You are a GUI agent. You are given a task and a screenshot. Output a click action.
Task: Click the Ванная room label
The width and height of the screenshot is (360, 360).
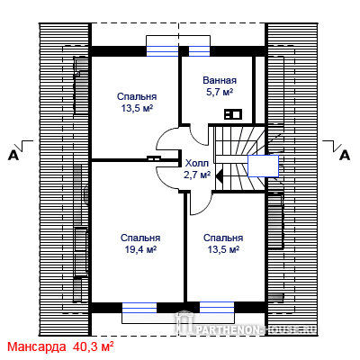[220, 80]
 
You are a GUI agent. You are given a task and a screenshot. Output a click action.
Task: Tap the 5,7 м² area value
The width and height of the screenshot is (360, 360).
[220, 92]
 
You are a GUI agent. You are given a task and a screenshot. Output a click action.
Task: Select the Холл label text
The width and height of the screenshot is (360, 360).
[197, 164]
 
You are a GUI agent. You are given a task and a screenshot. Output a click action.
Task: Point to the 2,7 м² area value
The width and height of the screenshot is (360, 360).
[197, 175]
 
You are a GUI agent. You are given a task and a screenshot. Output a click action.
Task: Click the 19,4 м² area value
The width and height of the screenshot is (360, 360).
[140, 249]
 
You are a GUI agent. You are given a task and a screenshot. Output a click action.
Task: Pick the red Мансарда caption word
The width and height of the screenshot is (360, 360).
[37, 346]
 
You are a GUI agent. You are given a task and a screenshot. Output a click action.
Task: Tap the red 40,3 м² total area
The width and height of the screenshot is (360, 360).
[93, 346]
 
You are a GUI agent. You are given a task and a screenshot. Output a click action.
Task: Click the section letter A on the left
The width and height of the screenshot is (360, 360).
[13, 156]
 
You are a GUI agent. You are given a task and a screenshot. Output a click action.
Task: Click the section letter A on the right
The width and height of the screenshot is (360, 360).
[345, 156]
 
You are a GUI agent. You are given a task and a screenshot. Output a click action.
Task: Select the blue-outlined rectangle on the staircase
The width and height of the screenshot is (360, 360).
[263, 166]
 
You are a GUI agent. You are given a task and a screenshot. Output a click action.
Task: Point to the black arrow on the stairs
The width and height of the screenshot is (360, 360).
[219, 175]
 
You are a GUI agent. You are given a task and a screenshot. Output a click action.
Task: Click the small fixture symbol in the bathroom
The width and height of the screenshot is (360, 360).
[233, 114]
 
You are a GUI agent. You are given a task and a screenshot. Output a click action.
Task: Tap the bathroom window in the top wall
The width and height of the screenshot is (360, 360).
[199, 51]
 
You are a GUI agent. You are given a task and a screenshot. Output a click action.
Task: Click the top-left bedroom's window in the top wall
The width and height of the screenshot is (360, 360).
[162, 51]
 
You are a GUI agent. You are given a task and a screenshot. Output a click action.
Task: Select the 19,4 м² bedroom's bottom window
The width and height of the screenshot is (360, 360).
[139, 308]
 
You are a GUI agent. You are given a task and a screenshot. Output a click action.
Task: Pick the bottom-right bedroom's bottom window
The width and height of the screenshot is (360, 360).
[217, 308]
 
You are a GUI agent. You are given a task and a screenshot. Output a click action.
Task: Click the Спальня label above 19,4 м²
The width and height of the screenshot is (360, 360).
[140, 238]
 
